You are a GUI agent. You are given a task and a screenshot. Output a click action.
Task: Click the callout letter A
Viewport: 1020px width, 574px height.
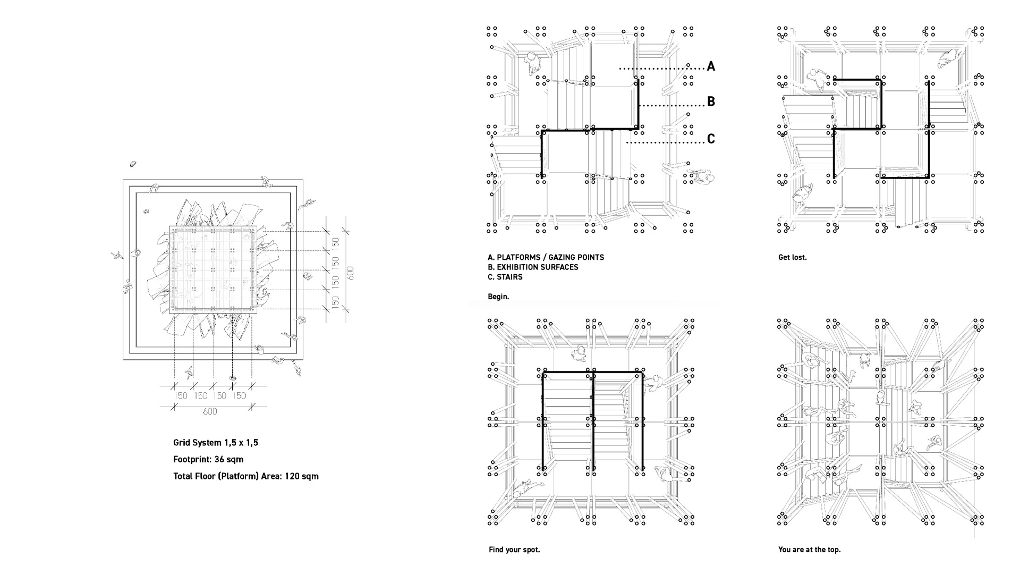pyautogui.click(x=711, y=66)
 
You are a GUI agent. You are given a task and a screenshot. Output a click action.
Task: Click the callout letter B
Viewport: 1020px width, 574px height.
pyautogui.click(x=711, y=102)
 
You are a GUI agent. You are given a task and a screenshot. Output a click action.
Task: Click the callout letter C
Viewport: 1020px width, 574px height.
pyautogui.click(x=711, y=139)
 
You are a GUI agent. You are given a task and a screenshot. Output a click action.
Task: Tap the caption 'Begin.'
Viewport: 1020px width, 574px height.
pyautogui.click(x=498, y=297)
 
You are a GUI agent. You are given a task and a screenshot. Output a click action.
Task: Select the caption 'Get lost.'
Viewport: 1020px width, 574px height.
pyautogui.click(x=792, y=257)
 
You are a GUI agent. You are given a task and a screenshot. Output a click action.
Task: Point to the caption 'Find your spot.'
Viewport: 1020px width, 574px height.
pyautogui.click(x=514, y=550)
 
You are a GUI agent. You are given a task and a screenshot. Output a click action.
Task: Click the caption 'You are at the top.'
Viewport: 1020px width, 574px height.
pyautogui.click(x=809, y=550)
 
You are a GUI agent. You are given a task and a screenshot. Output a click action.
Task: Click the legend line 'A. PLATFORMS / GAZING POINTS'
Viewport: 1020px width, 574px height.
pyautogui.click(x=546, y=257)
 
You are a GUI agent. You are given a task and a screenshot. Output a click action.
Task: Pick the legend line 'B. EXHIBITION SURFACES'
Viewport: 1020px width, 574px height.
pyautogui.click(x=533, y=267)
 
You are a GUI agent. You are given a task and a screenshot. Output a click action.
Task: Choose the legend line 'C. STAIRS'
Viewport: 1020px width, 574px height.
pyautogui.click(x=505, y=277)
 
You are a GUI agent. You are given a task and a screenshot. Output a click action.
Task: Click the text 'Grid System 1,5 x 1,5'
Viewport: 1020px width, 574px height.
pyautogui.click(x=216, y=443)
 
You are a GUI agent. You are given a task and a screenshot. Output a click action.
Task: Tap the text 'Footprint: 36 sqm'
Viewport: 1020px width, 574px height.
pyautogui.click(x=208, y=459)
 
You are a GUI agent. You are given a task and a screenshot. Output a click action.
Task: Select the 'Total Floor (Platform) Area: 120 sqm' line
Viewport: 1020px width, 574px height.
pyautogui.click(x=246, y=476)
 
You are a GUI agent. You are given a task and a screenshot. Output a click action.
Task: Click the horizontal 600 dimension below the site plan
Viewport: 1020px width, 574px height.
pyautogui.click(x=210, y=411)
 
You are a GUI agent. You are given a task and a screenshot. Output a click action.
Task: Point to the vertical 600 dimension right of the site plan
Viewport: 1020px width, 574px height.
pyautogui.click(x=350, y=273)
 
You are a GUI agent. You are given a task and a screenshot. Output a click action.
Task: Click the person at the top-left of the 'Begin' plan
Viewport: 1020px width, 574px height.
pyautogui.click(x=532, y=64)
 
